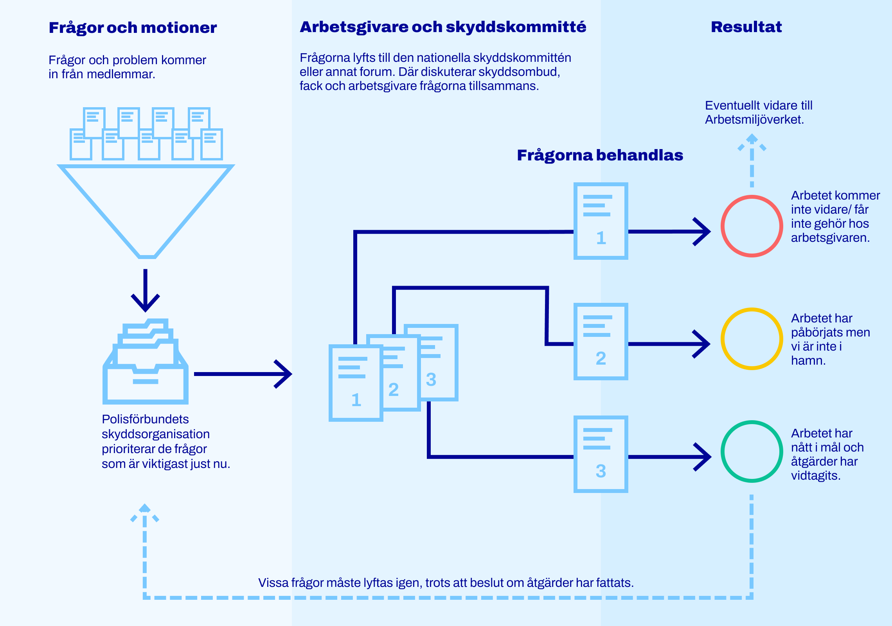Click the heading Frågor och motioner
133,28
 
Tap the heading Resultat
746,27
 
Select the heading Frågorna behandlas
600,155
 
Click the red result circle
752,226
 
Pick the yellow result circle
752,339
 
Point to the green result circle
752,452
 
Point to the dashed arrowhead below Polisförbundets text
145,511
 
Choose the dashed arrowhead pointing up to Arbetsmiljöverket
752,141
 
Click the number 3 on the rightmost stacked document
431,380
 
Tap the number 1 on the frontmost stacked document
356,400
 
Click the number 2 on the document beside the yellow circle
601,358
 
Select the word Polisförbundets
145,419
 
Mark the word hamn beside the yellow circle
807,361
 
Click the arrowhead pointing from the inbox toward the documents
285,374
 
